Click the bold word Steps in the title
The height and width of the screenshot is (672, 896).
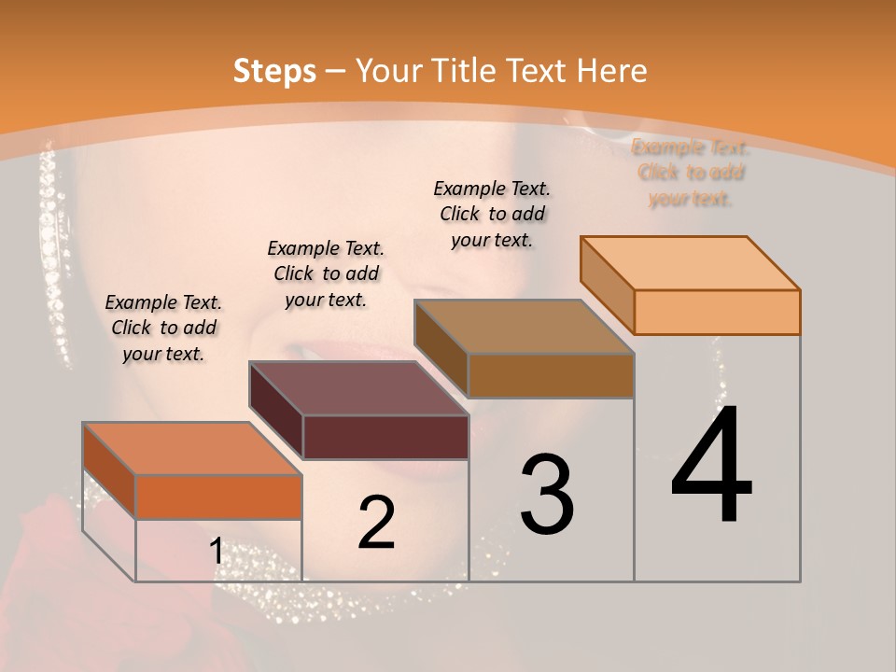[274, 71]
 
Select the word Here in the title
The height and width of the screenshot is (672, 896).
[611, 71]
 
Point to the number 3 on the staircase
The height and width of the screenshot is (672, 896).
[547, 495]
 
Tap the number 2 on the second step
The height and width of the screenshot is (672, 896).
[376, 523]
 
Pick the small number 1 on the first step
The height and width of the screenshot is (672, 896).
[216, 552]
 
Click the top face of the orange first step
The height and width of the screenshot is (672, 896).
[192, 449]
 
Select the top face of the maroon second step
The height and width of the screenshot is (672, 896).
[358, 388]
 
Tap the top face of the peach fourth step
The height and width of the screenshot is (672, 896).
[691, 263]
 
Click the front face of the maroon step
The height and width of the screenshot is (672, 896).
[385, 437]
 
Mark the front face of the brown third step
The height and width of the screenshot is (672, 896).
[551, 375]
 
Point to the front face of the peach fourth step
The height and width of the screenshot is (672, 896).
[717, 312]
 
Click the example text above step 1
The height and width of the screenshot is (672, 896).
[163, 328]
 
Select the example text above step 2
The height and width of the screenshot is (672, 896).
[326, 273]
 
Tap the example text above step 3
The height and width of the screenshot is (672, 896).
[492, 214]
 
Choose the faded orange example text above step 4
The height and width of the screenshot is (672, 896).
[691, 173]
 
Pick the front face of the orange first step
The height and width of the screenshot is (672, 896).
[218, 497]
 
